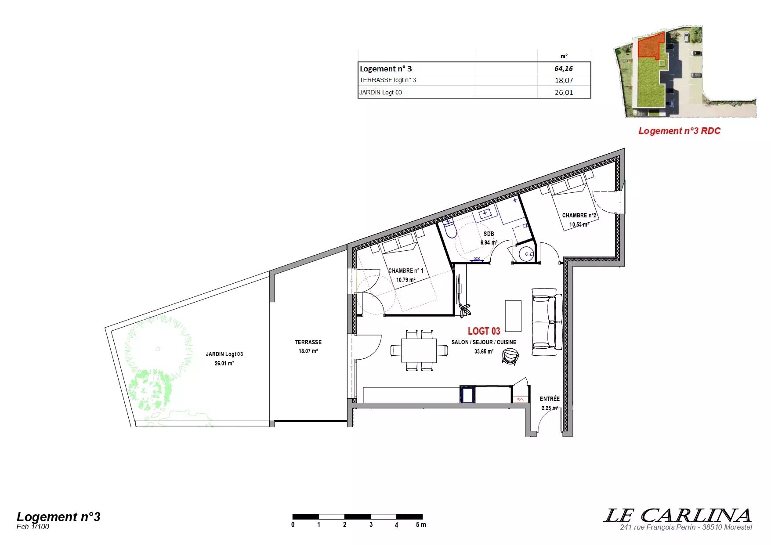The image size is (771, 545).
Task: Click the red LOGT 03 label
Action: coord(484,331)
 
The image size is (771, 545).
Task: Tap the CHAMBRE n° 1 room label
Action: coord(406,271)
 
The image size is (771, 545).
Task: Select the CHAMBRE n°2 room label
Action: coord(579,215)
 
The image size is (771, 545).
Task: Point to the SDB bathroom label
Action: coord(489,234)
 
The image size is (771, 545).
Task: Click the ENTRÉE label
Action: coord(550,399)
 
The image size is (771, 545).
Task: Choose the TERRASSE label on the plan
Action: coord(308,342)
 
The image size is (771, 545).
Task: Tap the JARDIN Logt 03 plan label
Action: coord(224,354)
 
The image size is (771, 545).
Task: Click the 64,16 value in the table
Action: coord(564,69)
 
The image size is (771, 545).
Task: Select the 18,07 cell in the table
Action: coord(564,80)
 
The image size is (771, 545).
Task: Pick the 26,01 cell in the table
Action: coord(564,92)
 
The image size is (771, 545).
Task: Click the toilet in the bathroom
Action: coord(450,229)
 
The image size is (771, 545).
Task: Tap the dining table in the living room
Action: coord(419,350)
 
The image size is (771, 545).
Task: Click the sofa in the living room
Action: coord(547,322)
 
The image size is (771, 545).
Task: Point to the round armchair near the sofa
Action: coord(510,356)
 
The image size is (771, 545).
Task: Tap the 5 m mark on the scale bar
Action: coord(421,525)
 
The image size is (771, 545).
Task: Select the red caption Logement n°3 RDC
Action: coord(679,131)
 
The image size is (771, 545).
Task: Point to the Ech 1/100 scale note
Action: coord(33,527)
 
